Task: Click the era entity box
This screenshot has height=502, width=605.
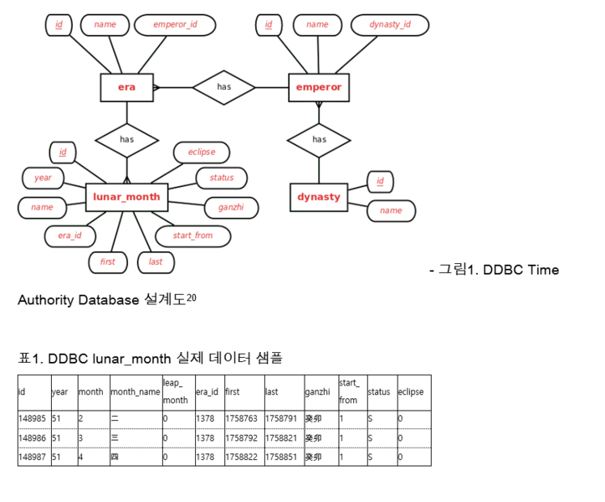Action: pos(127,88)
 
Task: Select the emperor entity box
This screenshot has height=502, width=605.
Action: pos(319,88)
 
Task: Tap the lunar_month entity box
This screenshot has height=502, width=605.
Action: pos(126,197)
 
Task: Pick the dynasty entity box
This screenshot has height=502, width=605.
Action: pos(319,197)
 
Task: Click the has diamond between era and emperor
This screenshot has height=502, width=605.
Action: pos(223,88)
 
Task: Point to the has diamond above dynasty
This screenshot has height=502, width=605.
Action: pos(319,140)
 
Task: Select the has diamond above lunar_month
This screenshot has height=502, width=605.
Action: pos(127,140)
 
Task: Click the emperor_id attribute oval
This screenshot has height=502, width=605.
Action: pos(175,25)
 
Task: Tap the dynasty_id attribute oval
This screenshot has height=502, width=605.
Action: pos(390,25)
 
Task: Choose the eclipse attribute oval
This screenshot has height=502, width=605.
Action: pos(202,153)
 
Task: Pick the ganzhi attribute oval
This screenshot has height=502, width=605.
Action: pos(231,208)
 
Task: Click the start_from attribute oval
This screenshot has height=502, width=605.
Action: pos(193,236)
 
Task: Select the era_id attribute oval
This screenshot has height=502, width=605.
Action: pos(69,236)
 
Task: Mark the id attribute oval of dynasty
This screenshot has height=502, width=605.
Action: pos(380,182)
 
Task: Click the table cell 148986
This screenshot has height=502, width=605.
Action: pos(33,438)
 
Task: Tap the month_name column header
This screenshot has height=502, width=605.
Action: pos(136,392)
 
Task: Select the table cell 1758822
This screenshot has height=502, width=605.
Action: pos(242,458)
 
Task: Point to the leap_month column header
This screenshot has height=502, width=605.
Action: pos(175,391)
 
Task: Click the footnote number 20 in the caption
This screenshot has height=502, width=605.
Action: pos(192,298)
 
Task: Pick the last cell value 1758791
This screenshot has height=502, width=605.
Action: pos(281,418)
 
